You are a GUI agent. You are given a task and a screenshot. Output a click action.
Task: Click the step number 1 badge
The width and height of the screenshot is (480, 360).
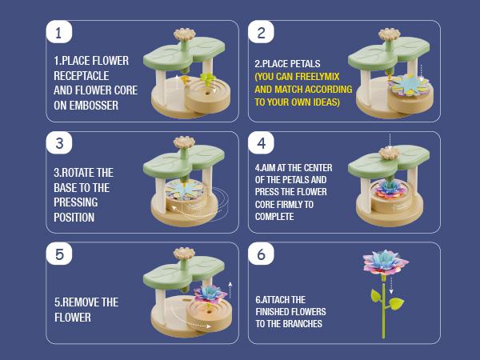tap(59, 32)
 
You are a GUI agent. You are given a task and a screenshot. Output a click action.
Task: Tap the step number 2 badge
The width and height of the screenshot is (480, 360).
tap(261, 32)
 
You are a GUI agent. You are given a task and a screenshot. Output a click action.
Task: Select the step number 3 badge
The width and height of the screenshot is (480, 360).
tap(59, 143)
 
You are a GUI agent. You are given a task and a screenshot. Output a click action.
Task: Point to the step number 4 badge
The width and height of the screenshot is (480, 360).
tap(261, 143)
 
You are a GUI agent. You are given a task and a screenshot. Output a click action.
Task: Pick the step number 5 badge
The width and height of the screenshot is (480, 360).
tap(59, 254)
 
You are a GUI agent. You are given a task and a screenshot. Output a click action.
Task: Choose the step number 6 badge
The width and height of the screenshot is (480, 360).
tap(261, 254)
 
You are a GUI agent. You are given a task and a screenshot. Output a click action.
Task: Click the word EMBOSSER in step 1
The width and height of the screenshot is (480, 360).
tap(94, 106)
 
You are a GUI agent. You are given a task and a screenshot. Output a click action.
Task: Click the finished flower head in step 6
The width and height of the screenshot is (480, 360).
tap(386, 262)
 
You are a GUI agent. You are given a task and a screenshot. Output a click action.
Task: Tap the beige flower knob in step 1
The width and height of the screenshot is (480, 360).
tap(185, 34)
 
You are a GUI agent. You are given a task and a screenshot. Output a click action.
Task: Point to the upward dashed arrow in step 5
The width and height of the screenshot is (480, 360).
tap(230, 290)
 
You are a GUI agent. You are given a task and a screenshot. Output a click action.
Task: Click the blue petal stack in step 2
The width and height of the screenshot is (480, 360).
tap(410, 85)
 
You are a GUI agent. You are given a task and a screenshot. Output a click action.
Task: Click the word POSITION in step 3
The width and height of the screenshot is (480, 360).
tap(74, 218)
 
